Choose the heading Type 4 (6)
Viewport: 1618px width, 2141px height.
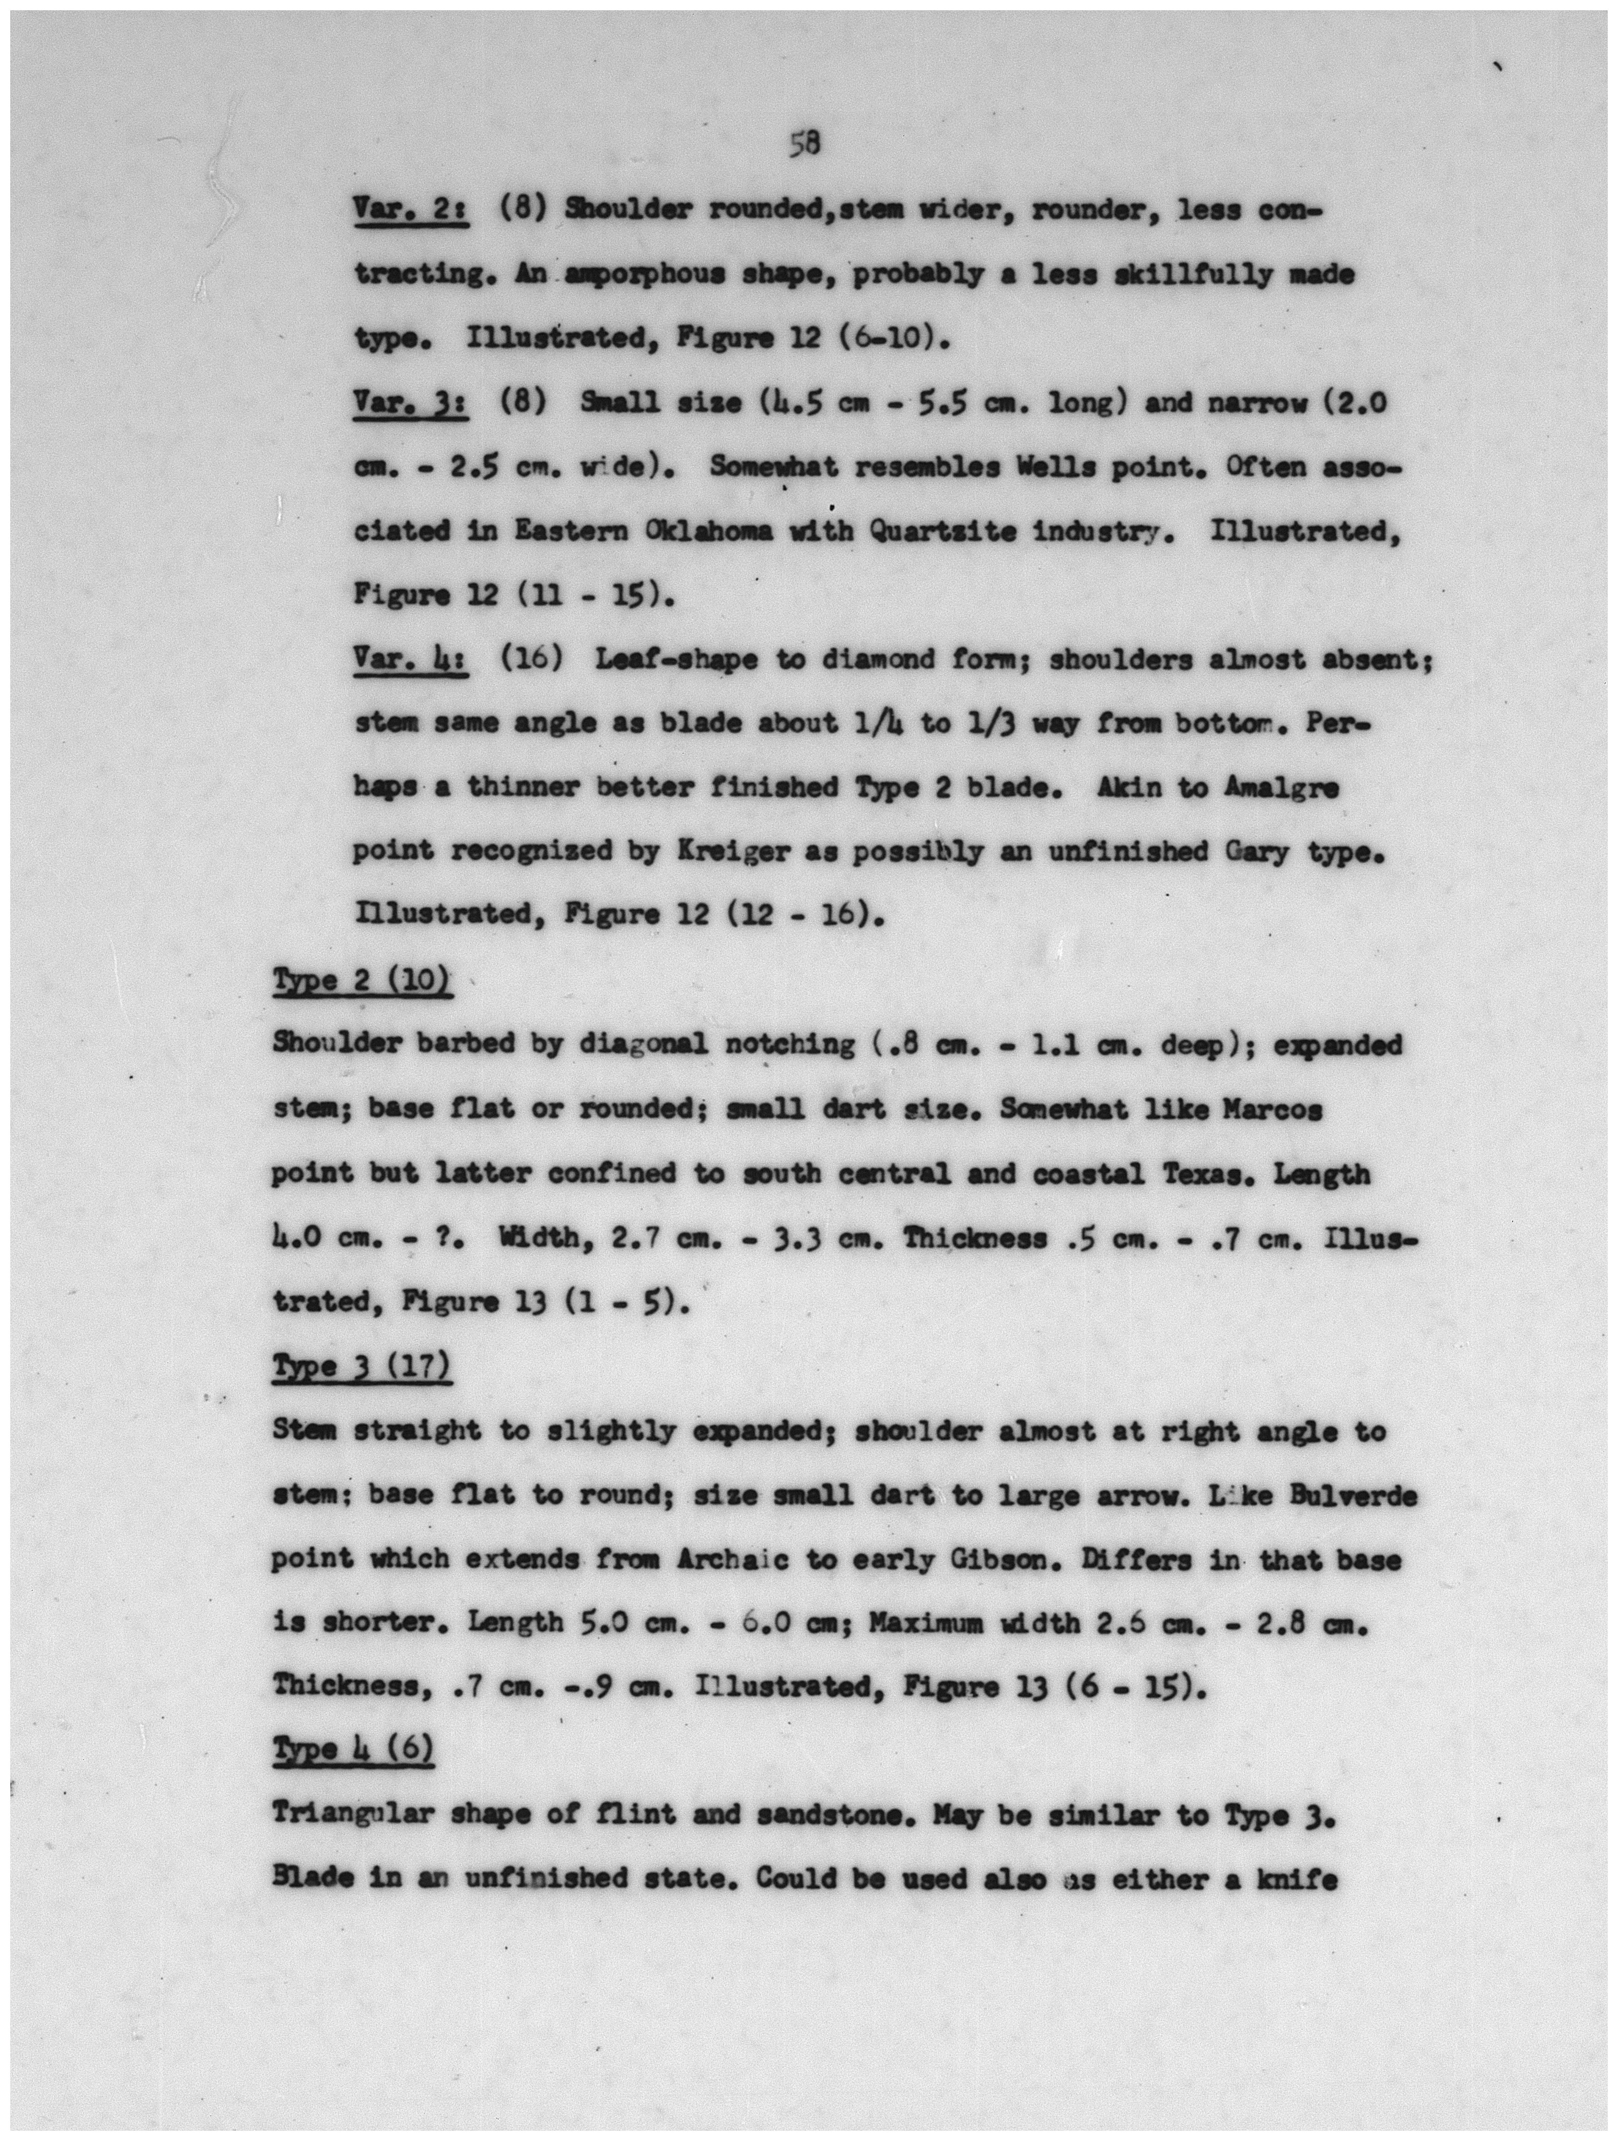(353, 1750)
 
